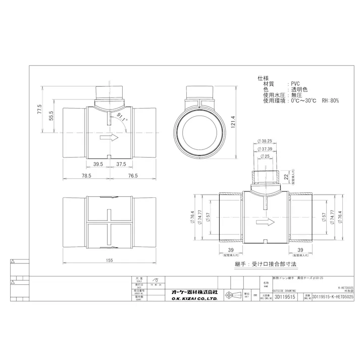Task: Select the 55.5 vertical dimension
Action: [x=50, y=117]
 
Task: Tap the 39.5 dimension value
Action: [x=98, y=164]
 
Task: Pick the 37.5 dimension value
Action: [x=121, y=164]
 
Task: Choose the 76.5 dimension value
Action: [x=133, y=175]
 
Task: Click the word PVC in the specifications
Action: [x=295, y=84]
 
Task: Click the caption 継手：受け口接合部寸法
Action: [x=265, y=264]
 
